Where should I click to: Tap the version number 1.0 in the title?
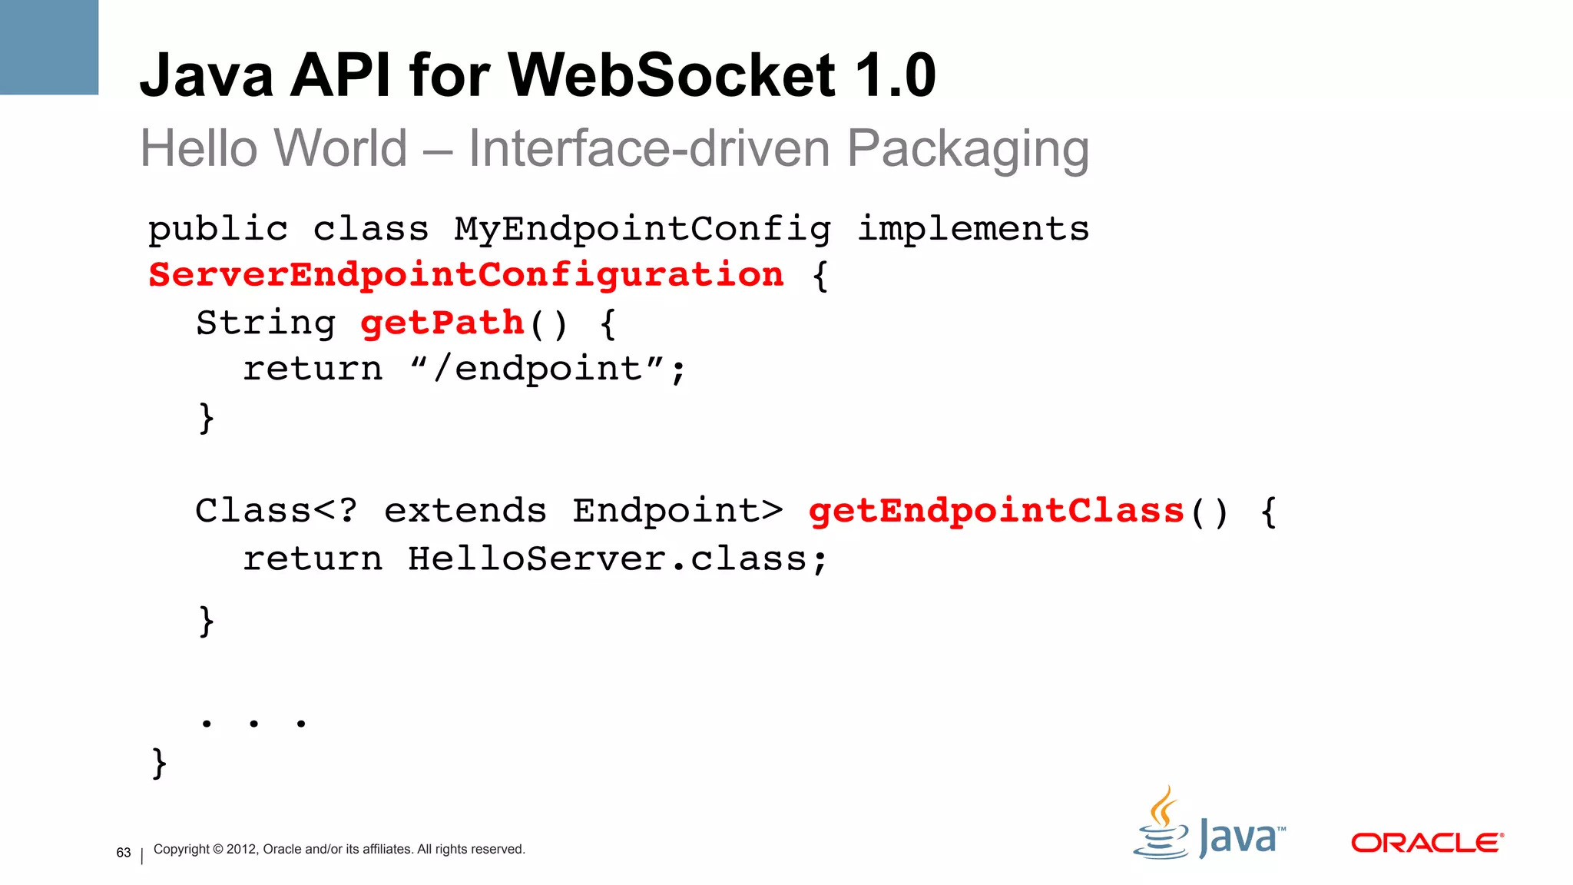click(x=895, y=75)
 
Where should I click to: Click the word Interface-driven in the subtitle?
click(x=649, y=147)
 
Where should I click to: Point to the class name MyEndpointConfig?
click(x=642, y=230)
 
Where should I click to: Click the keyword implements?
click(x=973, y=230)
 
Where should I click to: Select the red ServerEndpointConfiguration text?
click(x=466, y=275)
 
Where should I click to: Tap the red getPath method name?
click(x=442, y=323)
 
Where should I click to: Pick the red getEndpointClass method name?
click(x=996, y=512)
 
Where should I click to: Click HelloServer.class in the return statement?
click(x=618, y=559)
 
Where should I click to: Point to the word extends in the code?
click(x=465, y=512)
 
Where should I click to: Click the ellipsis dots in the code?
click(x=253, y=723)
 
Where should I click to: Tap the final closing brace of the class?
click(x=160, y=763)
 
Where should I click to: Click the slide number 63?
click(x=124, y=853)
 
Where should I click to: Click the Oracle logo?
click(x=1427, y=843)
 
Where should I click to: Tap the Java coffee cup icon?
click(x=1161, y=824)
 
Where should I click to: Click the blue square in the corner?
click(x=49, y=47)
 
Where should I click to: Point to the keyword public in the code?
click(x=218, y=230)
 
